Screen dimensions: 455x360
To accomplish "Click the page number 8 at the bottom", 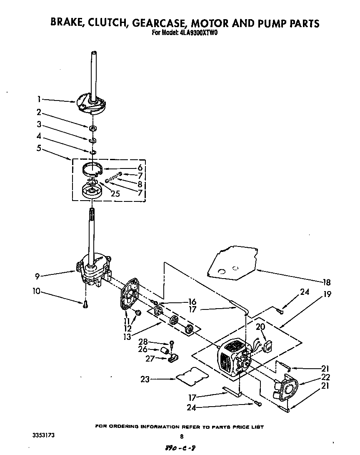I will pyautogui.click(x=181, y=437).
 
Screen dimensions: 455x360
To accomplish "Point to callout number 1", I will pyautogui.click(x=38, y=99).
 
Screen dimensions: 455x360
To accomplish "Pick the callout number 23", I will pyautogui.click(x=144, y=379).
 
